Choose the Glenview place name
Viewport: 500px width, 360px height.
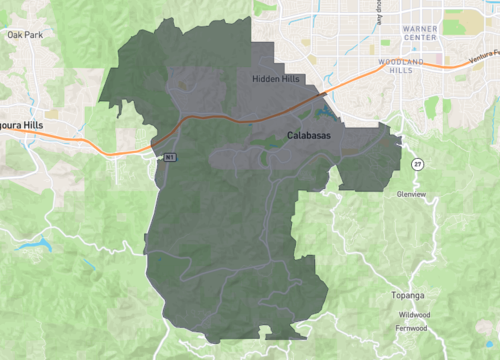pyautogui.click(x=412, y=194)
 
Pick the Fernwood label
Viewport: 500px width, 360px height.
pyautogui.click(x=412, y=328)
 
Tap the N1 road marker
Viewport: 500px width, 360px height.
pyautogui.click(x=171, y=157)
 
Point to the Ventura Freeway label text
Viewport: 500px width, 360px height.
pyautogui.click(x=482, y=64)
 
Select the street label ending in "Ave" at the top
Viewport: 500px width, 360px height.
pyautogui.click(x=379, y=11)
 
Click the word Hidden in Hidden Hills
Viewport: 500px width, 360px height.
pyautogui.click(x=264, y=78)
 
